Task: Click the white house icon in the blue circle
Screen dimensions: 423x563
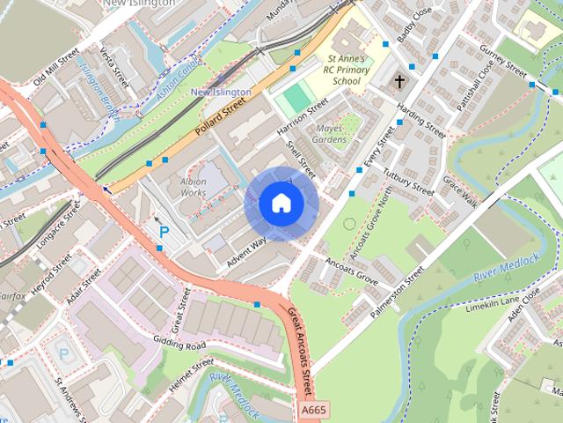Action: pyautogui.click(x=281, y=204)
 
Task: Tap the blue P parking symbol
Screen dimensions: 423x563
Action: pyautogui.click(x=164, y=232)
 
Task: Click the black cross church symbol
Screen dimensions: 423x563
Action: pyautogui.click(x=400, y=82)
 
